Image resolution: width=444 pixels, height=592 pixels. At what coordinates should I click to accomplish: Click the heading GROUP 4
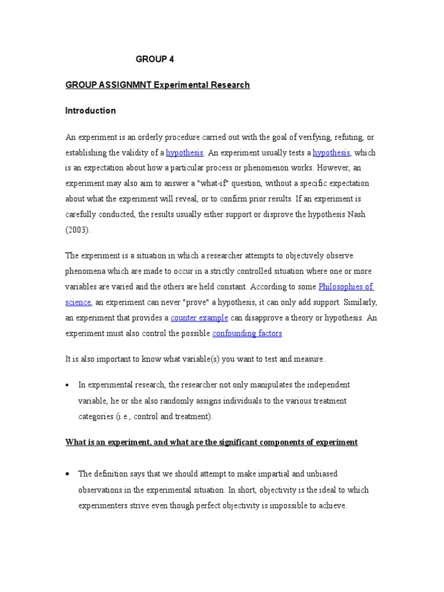coord(154,59)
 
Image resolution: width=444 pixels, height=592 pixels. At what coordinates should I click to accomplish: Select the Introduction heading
coord(90,110)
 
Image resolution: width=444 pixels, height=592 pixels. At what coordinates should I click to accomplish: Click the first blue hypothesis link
coord(184,153)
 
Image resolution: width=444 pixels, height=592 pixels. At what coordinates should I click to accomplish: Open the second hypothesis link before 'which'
coord(331,153)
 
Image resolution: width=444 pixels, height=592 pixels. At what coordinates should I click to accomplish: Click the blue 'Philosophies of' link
coord(346,287)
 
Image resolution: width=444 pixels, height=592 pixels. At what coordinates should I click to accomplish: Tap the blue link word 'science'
coord(78,302)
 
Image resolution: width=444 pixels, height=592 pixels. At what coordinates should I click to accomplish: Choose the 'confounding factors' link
coord(247,334)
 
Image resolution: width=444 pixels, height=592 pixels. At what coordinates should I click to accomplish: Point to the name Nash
coord(355,214)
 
